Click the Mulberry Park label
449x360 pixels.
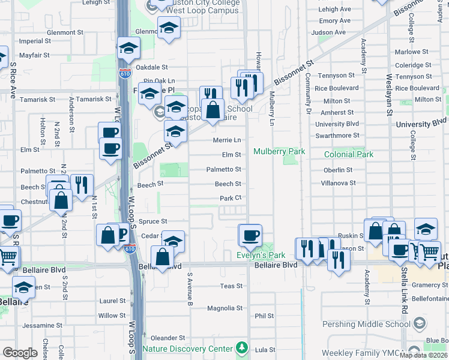(279, 152)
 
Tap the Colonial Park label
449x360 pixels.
(348, 154)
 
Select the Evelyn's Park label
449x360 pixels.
(259, 256)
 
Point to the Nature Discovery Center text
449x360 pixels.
(187, 349)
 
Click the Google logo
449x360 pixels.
(20, 352)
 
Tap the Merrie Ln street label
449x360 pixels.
(227, 140)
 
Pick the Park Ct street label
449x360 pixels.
(230, 198)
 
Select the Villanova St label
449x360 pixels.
(339, 183)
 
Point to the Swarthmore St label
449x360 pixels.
(337, 136)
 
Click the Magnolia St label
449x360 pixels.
(224, 308)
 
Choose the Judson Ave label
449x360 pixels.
(332, 32)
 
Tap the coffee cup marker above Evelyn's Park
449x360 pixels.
(251, 235)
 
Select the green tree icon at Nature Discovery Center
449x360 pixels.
(241, 348)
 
